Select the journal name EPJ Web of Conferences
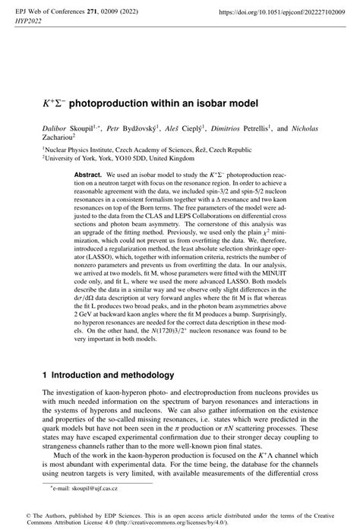tap(53, 12)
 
